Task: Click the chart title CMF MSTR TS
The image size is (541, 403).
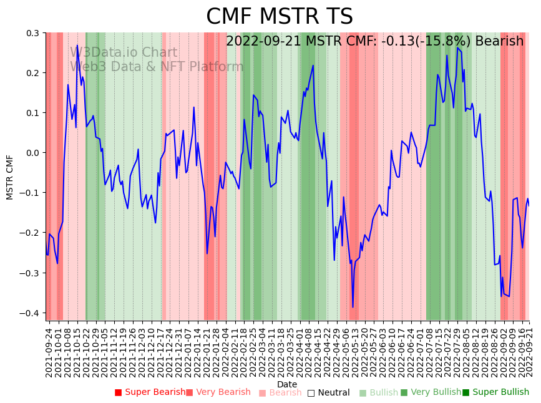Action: point(279,17)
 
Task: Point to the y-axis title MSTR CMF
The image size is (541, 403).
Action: point(10,177)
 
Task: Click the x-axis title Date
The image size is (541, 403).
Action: point(287,384)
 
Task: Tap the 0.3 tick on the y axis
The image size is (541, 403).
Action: point(32,33)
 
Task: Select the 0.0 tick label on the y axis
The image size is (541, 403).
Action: point(32,153)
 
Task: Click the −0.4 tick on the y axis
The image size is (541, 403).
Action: point(31,313)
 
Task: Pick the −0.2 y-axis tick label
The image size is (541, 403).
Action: point(31,233)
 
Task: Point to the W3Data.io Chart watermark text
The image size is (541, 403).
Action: point(124,53)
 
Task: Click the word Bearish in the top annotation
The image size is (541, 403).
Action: point(499,42)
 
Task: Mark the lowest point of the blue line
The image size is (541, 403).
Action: point(353,307)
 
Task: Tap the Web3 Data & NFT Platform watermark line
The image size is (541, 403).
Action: point(157,67)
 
